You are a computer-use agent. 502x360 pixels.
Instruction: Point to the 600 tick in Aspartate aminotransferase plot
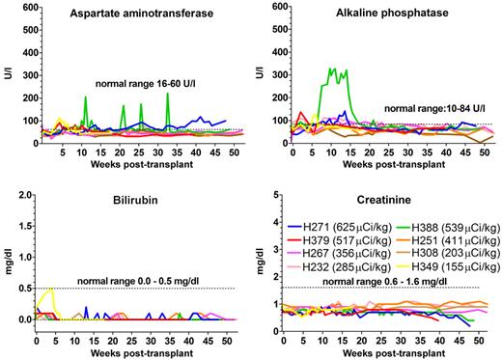pos(26,7)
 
